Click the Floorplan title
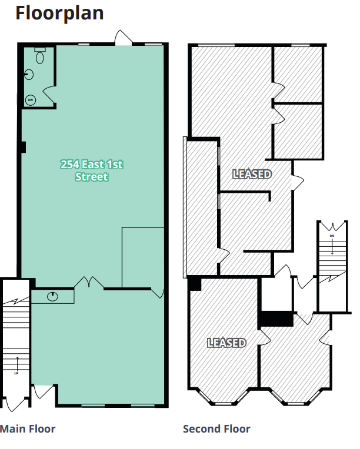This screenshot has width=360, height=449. (59, 13)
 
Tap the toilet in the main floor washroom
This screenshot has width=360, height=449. (40, 56)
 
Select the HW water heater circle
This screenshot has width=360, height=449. (31, 100)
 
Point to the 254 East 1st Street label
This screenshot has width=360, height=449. (91, 170)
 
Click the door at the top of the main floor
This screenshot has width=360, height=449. (124, 38)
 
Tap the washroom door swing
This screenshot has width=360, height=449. (49, 93)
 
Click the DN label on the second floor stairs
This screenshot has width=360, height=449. (332, 235)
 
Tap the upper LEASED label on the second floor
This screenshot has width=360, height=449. (252, 174)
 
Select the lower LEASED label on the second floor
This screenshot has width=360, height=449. (226, 343)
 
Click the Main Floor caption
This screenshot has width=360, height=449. (28, 429)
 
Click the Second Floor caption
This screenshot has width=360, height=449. (216, 429)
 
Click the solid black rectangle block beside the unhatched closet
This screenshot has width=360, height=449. (276, 319)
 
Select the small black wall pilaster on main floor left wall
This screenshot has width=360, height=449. (23, 148)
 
